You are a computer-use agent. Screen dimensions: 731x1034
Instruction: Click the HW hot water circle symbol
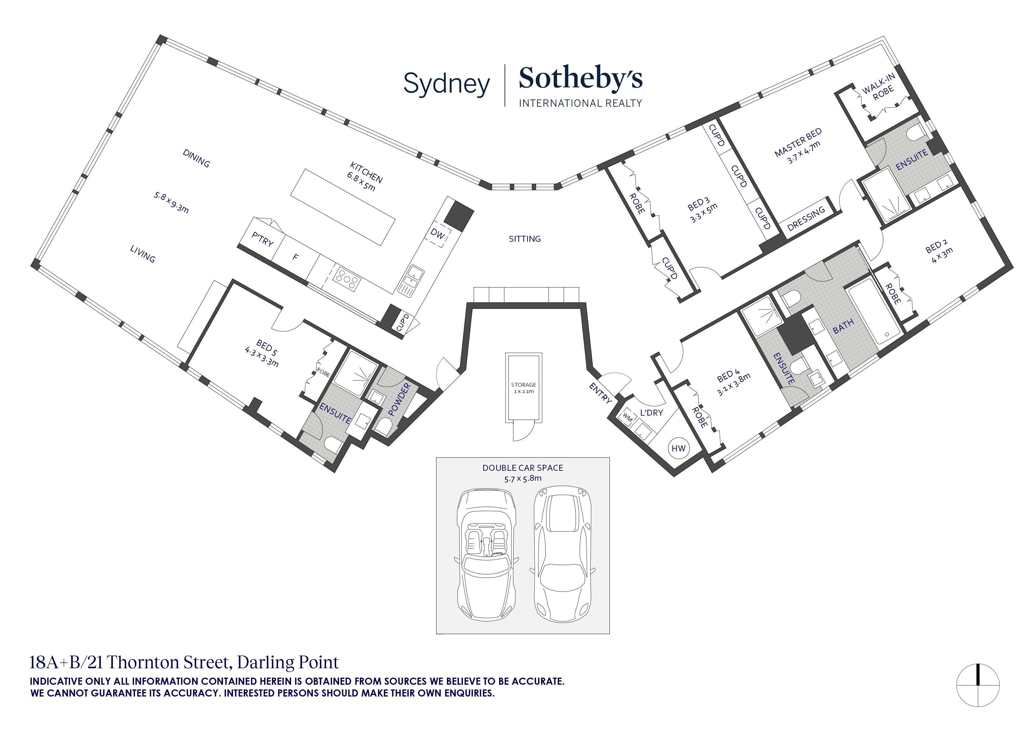point(678,448)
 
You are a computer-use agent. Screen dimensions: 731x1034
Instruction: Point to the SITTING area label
point(525,239)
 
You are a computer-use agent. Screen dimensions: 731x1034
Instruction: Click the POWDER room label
point(400,399)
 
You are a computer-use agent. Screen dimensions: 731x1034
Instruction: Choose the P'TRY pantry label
point(263,239)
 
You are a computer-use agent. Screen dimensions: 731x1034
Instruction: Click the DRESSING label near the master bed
point(806,218)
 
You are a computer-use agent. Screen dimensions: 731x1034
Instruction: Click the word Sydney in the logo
point(446,84)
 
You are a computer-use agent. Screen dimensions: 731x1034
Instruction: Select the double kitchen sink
point(411,280)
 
